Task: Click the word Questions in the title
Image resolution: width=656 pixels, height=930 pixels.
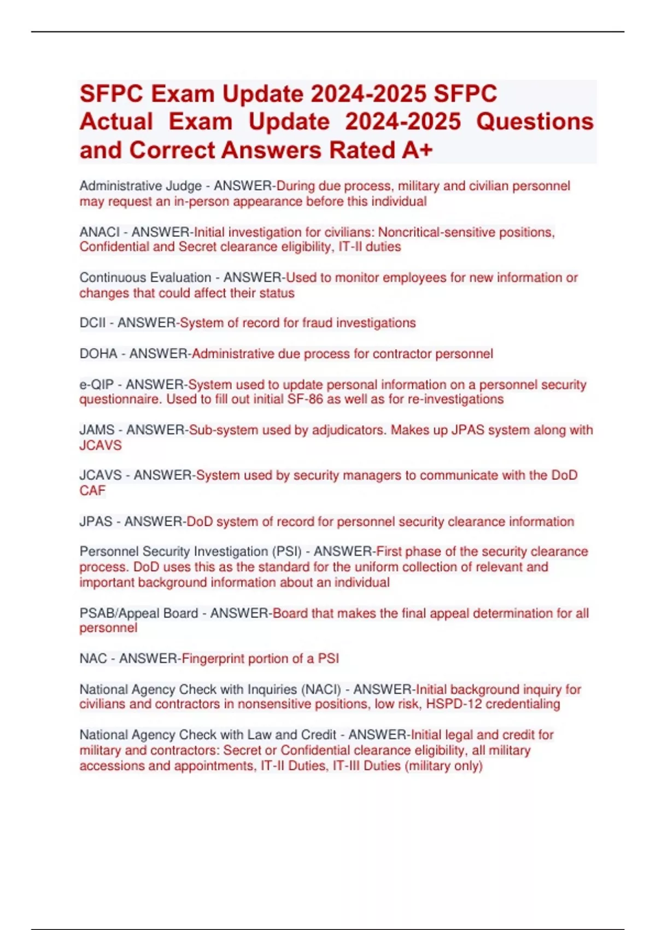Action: pos(534,122)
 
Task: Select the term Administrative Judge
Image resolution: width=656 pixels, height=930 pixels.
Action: pos(140,186)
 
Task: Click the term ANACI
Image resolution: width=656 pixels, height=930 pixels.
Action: pos(99,232)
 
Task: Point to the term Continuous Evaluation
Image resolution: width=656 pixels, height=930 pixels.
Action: pos(145,277)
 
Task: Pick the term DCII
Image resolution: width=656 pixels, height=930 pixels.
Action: pos(92,323)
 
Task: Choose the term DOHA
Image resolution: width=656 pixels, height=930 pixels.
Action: pos(98,354)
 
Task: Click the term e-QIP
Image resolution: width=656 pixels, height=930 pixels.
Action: pos(96,385)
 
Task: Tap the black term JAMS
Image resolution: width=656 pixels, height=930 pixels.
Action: pos(97,430)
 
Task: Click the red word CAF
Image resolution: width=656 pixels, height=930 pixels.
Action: pos(92,491)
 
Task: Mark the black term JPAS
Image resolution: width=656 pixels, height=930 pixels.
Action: pos(96,521)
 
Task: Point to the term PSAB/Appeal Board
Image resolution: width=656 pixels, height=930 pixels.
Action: pos(138,613)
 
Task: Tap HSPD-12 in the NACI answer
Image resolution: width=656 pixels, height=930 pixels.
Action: pos(454,704)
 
